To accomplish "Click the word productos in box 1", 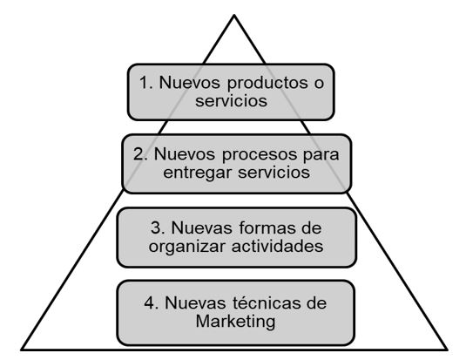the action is pos(267,84).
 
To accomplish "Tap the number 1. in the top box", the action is pos(146,83).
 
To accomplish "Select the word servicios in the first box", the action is pos(231,101).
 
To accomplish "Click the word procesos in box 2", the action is pos(260,155).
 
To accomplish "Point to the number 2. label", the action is pos(140,154).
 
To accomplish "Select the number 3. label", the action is pos(158,228).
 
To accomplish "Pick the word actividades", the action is pos(277,246).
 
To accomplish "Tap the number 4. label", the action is pos(151,302).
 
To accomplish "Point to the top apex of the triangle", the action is pos(234,15).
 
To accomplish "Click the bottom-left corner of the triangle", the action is pos(22,350).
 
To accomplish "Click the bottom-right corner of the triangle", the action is pos(447,350).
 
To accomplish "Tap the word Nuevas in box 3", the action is pos(201,228).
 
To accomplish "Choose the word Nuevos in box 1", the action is pos(190,83).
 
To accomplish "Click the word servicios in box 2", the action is pos(274,173).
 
